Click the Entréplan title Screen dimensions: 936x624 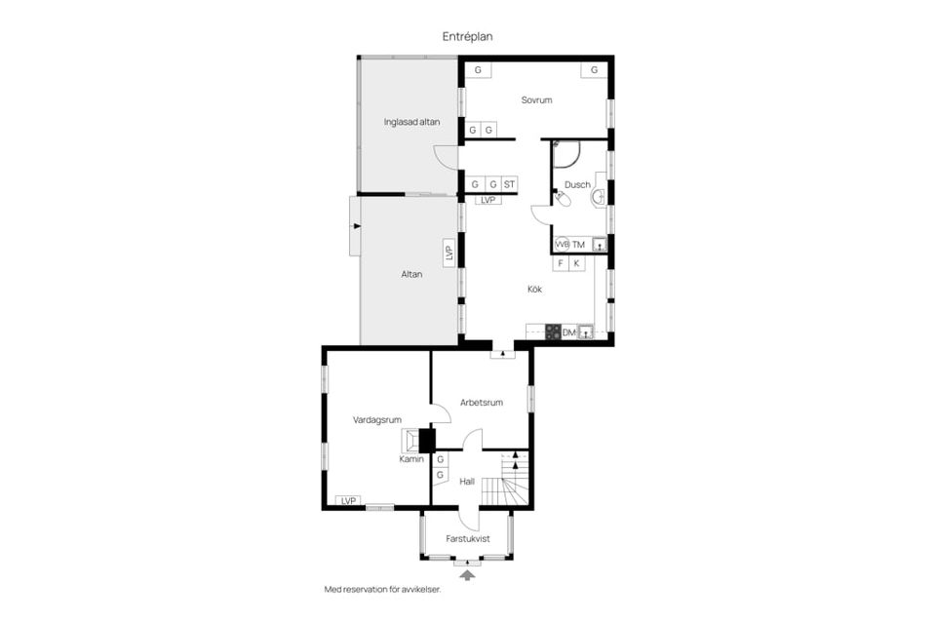click(467, 36)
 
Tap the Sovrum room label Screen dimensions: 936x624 click(536, 100)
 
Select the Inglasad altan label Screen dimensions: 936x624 click(411, 122)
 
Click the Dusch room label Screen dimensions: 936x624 click(577, 185)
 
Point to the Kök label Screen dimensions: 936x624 click(535, 289)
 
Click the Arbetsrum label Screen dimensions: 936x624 click(481, 403)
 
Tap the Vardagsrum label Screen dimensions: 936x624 click(376, 420)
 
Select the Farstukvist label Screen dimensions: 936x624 click(467, 538)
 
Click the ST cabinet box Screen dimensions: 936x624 click(509, 184)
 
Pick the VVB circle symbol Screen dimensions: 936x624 click(562, 244)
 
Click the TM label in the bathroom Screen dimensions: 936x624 click(578, 245)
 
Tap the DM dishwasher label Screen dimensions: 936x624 click(568, 332)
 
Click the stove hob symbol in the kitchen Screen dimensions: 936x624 click(554, 332)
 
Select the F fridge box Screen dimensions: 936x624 click(561, 263)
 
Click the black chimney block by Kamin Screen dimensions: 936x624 click(427, 441)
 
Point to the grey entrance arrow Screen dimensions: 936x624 click(467, 574)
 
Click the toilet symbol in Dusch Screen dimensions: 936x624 click(563, 198)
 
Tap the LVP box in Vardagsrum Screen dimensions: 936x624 click(349, 501)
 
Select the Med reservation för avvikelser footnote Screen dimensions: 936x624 click(382, 589)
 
